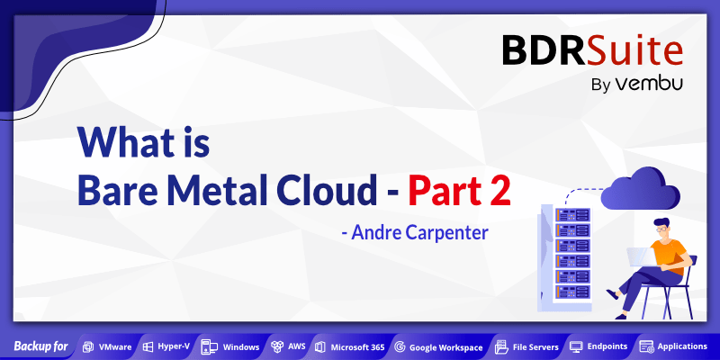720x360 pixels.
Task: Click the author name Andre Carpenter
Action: (416, 232)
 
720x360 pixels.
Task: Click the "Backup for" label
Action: (40, 346)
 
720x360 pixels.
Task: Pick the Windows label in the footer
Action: (240, 346)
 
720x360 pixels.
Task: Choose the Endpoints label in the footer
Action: (606, 346)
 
